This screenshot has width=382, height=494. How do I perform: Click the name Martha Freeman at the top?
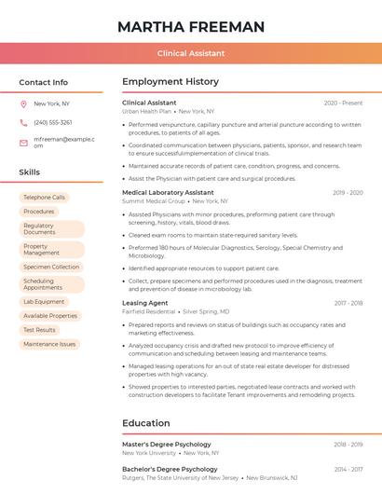click(191, 27)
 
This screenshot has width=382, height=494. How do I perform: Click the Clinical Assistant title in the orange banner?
click(191, 53)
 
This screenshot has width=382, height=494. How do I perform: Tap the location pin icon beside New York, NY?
click(23, 103)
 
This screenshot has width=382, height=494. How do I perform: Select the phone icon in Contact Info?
click(23, 122)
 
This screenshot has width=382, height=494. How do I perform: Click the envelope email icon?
click(23, 142)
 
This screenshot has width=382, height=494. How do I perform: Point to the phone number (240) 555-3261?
click(53, 122)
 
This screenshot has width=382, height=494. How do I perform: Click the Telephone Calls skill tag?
click(45, 198)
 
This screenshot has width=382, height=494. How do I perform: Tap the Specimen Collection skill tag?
click(51, 267)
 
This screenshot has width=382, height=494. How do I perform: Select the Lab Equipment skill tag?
click(45, 302)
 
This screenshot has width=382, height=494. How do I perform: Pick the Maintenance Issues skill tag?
click(49, 344)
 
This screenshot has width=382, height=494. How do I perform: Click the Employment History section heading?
click(171, 82)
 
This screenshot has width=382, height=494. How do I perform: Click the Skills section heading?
click(30, 172)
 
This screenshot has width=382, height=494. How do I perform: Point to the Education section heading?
click(146, 423)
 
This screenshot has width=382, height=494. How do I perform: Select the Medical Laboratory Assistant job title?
click(168, 192)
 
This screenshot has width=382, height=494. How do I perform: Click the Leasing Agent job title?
click(145, 303)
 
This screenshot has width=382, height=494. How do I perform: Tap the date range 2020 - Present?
click(343, 103)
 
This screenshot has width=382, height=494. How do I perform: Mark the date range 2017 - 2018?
click(348, 303)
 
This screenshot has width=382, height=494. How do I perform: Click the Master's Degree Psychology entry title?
click(167, 445)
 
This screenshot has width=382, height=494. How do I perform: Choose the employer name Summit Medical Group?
click(154, 201)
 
